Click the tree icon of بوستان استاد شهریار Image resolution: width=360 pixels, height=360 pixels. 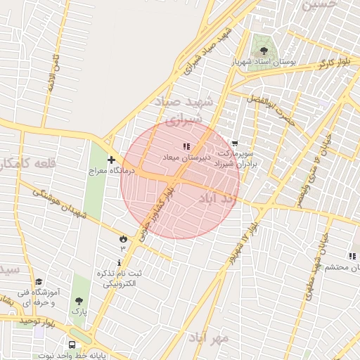(x=264, y=51)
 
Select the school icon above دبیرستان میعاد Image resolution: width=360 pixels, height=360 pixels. (x=186, y=146)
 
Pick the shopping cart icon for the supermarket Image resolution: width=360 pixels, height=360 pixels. (x=234, y=143)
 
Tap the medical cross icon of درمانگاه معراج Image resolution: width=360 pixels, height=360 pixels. (x=111, y=160)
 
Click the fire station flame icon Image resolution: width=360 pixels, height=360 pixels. (x=124, y=238)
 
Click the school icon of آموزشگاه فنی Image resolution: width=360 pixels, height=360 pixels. (x=38, y=281)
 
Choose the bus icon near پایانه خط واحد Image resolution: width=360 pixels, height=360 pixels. (x=72, y=345)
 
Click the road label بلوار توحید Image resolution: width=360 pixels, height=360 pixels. (x=37, y=321)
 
